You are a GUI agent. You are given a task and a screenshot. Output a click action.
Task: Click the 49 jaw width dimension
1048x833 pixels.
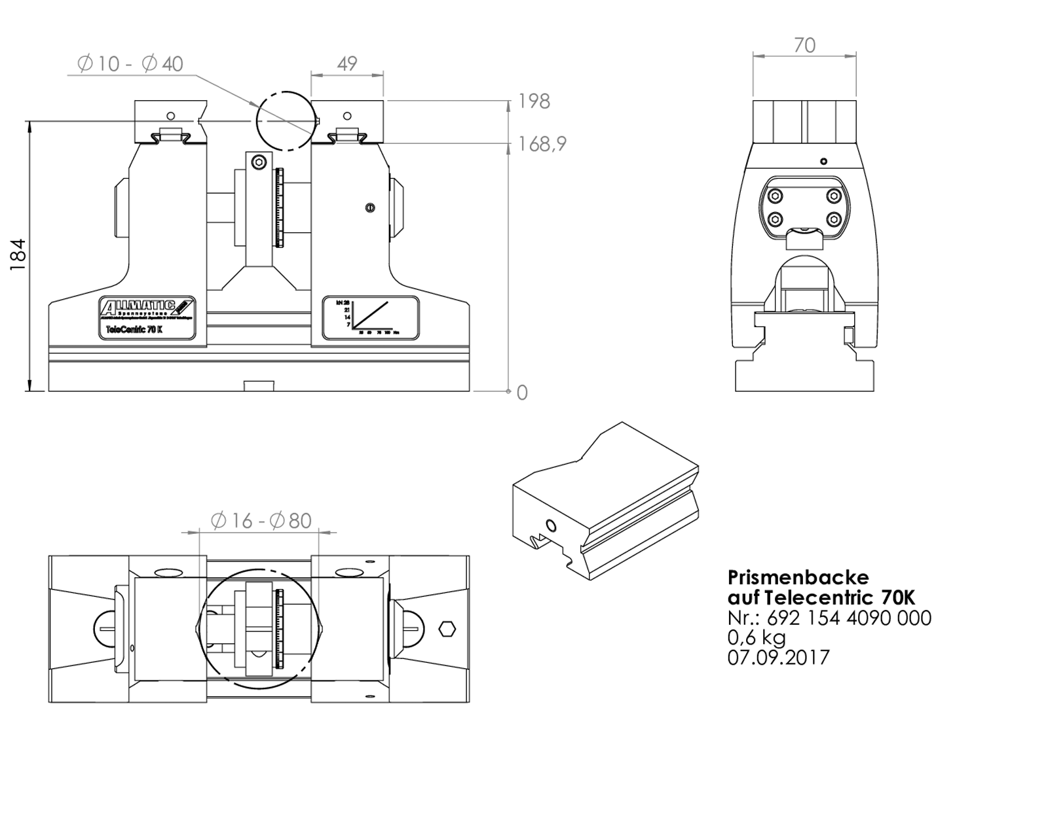click(346, 63)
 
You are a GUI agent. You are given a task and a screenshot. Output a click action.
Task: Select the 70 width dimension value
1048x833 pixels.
click(804, 45)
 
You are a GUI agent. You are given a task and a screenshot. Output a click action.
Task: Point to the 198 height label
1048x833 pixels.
click(534, 101)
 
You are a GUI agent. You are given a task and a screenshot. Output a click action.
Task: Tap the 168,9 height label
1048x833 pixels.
click(542, 144)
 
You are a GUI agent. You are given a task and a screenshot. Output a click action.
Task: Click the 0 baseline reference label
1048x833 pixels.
click(522, 393)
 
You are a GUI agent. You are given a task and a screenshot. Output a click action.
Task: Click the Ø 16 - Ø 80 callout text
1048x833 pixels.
click(261, 521)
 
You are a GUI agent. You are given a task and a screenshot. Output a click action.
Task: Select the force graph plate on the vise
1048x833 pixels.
click(370, 317)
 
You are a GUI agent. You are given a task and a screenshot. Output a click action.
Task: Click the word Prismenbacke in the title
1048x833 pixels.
click(798, 577)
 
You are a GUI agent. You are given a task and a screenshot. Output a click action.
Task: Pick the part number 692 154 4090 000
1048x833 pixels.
click(848, 618)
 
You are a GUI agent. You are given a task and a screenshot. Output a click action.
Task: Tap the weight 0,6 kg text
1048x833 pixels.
click(757, 637)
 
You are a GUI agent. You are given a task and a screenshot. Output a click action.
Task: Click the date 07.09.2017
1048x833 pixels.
click(778, 657)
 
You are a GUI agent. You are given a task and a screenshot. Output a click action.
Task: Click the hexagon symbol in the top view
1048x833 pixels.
click(447, 629)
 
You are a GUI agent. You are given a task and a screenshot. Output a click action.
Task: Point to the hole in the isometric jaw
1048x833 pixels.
click(550, 525)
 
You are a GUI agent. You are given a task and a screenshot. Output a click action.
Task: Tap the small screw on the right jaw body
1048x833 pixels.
click(370, 207)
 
